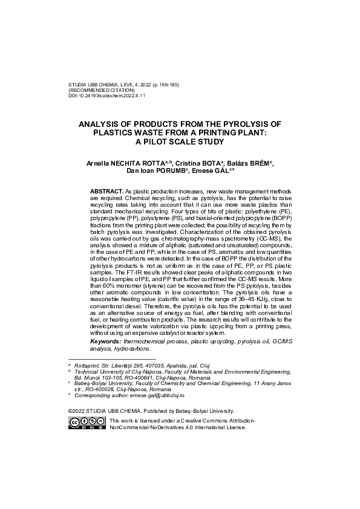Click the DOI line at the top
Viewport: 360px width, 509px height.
coord(106,96)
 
